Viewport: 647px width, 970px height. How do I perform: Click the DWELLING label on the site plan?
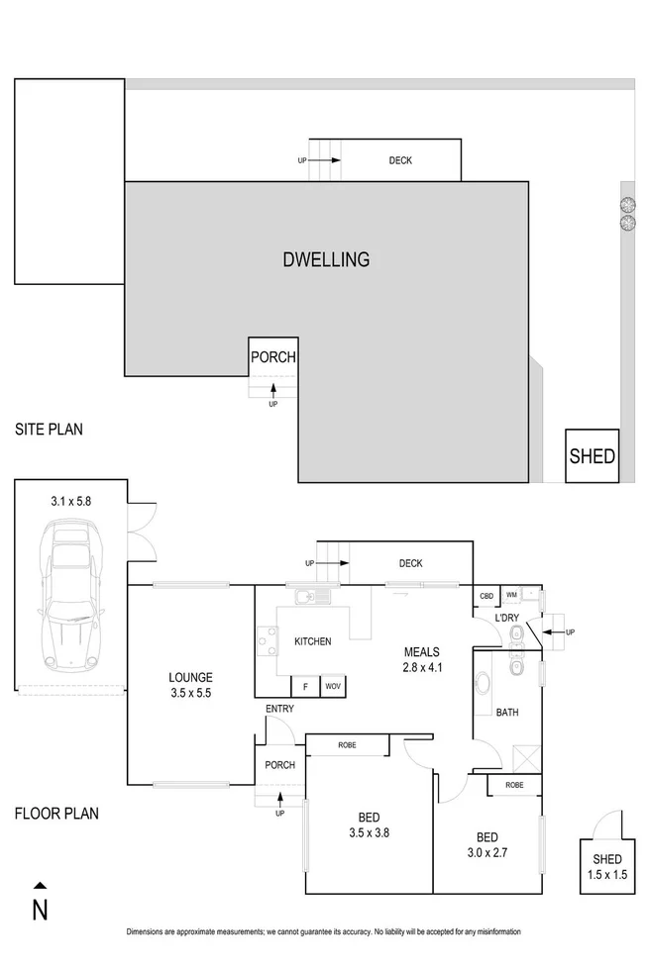[x=326, y=260]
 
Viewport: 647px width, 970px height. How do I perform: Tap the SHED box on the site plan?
[x=592, y=456]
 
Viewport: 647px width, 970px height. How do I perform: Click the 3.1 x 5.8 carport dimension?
[x=69, y=502]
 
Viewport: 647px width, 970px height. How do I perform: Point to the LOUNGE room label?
[x=189, y=678]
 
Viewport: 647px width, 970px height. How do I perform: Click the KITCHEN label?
[x=312, y=642]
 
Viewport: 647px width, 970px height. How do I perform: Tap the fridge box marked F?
[x=304, y=686]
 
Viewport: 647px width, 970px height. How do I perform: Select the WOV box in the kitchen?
[x=332, y=686]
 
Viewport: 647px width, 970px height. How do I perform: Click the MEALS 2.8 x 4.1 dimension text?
[x=421, y=668]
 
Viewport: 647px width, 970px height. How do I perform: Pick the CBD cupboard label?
[x=486, y=596]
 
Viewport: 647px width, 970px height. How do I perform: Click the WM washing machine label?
[x=511, y=595]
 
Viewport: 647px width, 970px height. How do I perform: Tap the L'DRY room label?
[x=507, y=619]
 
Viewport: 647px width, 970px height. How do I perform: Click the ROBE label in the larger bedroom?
[x=347, y=745]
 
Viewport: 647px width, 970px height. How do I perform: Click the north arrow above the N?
[x=40, y=886]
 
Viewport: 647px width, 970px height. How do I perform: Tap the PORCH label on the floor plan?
[x=279, y=765]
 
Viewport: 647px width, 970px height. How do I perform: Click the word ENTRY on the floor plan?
[x=279, y=710]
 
